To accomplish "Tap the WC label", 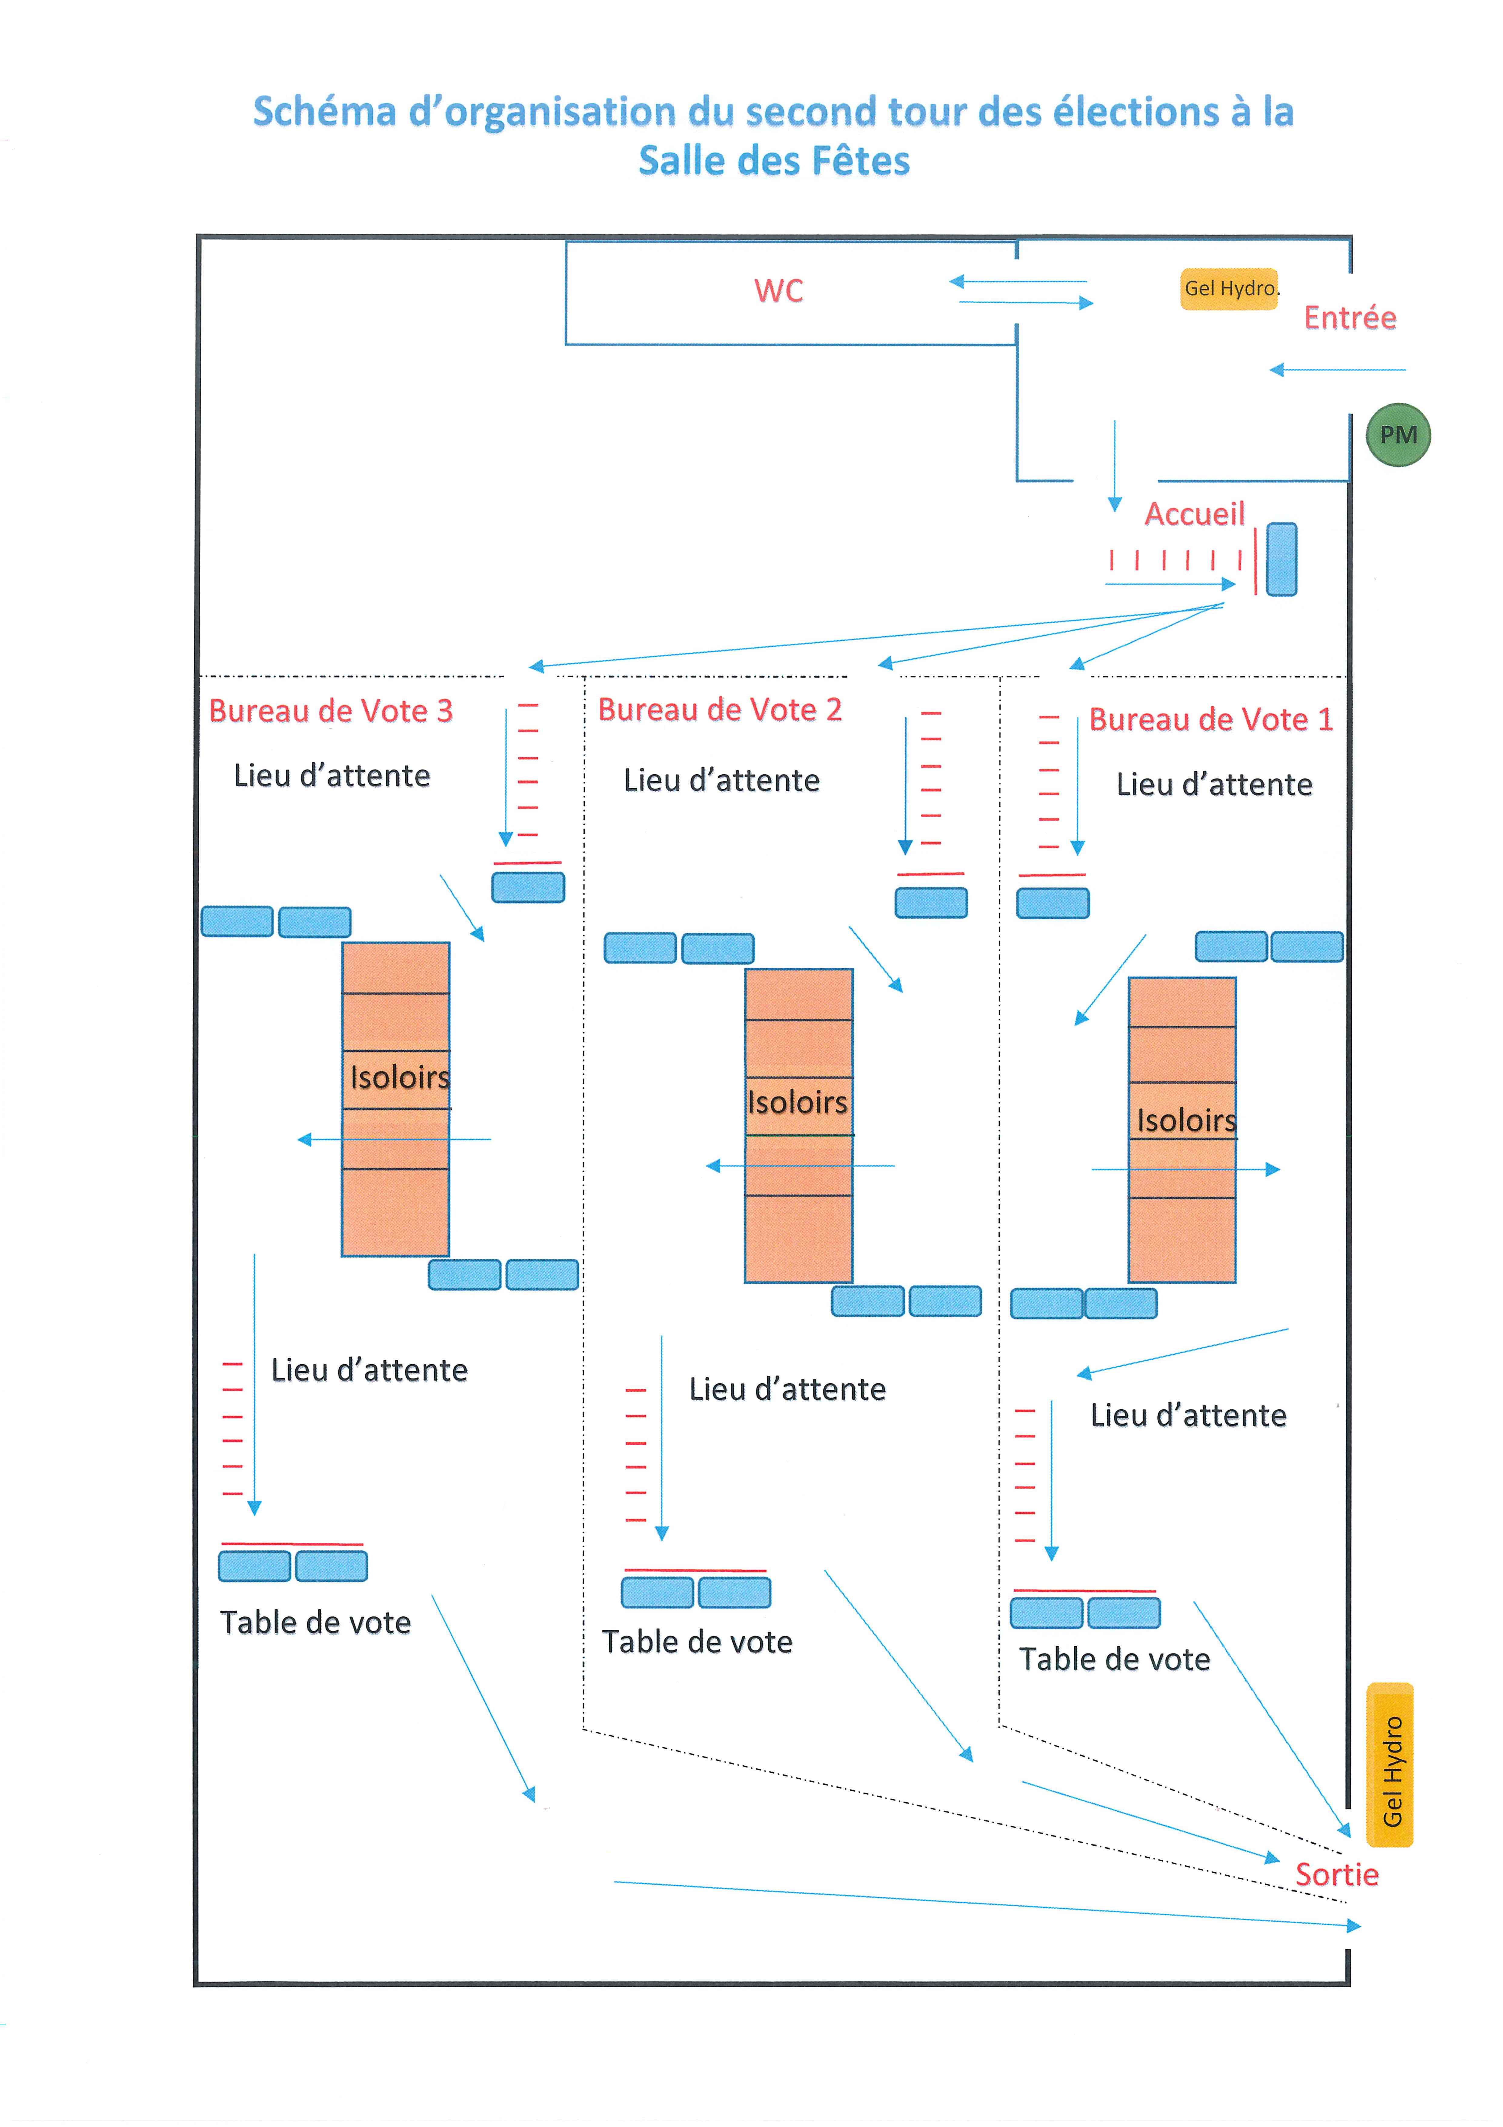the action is [778, 291].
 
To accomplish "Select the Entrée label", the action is [1349, 318].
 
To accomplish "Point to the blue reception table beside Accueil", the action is [1282, 560].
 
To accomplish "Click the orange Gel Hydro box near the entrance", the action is [1229, 289].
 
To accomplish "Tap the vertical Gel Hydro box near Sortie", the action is [1390, 1765].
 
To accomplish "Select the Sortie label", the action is [1336, 1874].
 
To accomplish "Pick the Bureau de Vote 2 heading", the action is [720, 710].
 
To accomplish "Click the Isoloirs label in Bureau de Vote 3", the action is [399, 1077].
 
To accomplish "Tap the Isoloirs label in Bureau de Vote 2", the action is [797, 1102].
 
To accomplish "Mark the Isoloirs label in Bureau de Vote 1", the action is [1186, 1121].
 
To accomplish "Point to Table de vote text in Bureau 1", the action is [1114, 1659].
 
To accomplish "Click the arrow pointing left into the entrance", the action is [1337, 370].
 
